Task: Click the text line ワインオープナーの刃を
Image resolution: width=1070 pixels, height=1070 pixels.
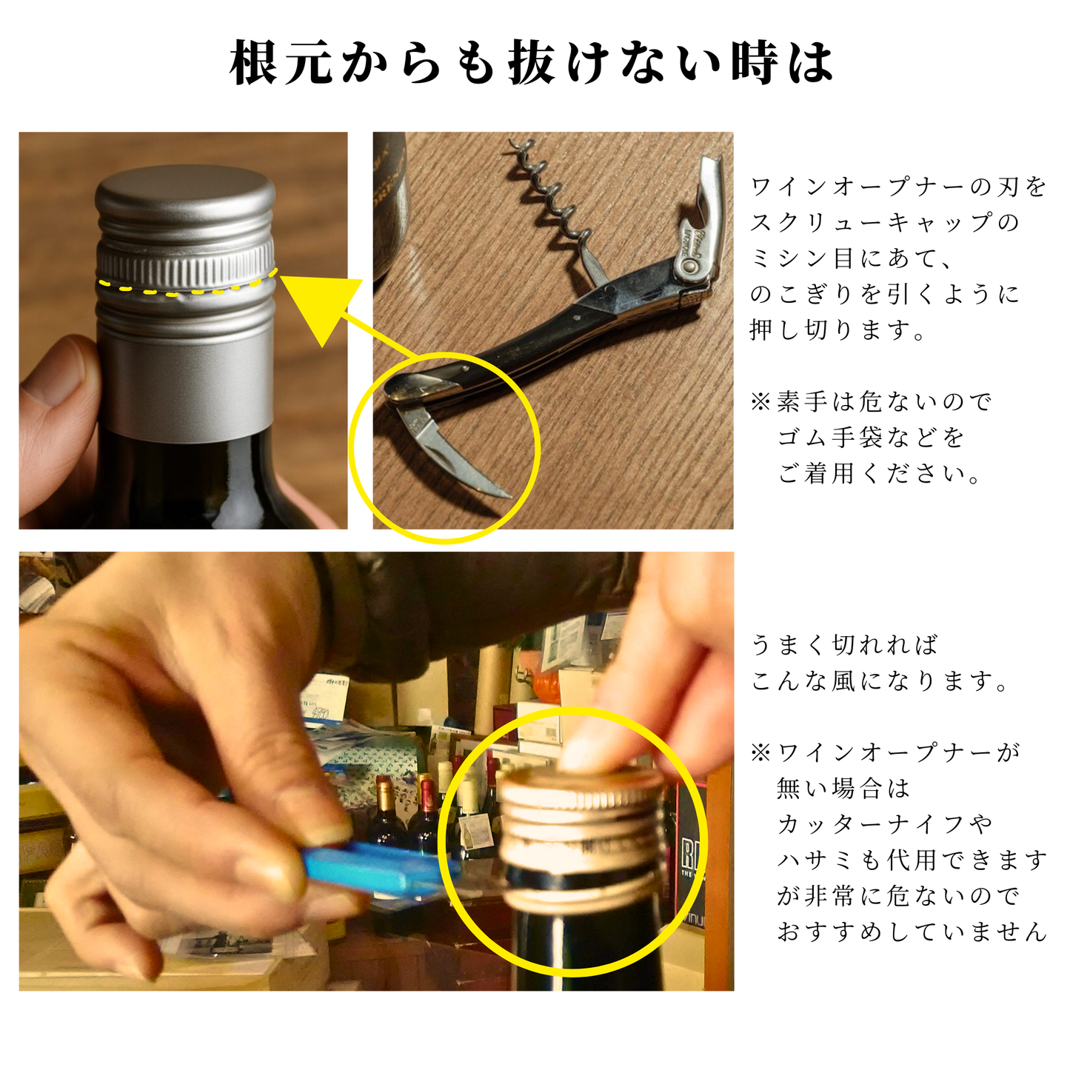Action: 899,187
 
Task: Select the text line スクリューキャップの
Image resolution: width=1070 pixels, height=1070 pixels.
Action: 885,222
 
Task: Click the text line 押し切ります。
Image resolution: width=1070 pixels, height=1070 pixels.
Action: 837,330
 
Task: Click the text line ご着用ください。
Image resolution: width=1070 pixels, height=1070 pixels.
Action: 879,473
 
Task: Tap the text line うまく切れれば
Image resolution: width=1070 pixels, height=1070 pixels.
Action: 844,644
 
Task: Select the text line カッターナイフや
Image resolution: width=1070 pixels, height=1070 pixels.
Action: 885,823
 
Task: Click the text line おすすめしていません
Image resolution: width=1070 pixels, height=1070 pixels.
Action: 912,931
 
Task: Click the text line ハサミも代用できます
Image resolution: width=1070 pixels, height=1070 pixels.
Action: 912,860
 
